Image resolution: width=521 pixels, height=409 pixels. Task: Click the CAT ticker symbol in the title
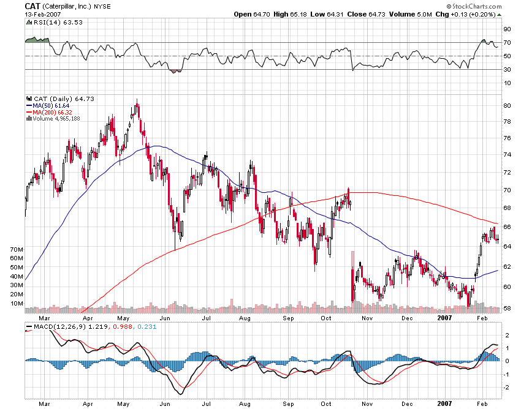33,6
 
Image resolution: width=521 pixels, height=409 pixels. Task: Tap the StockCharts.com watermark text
476,6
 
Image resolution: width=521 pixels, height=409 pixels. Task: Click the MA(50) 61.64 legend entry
48,105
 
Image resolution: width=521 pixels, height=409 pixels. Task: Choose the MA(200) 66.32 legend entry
50,112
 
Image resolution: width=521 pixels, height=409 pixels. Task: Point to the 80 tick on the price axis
506,105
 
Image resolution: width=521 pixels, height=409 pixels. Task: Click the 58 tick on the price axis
506,309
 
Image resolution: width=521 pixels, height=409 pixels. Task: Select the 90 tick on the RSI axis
506,29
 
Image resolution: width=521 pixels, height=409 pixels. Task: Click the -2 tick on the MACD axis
506,388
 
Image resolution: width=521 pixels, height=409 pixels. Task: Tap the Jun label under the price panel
164,318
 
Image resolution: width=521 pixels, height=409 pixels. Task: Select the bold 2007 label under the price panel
445,318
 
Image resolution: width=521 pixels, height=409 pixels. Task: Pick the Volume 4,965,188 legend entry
56,119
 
